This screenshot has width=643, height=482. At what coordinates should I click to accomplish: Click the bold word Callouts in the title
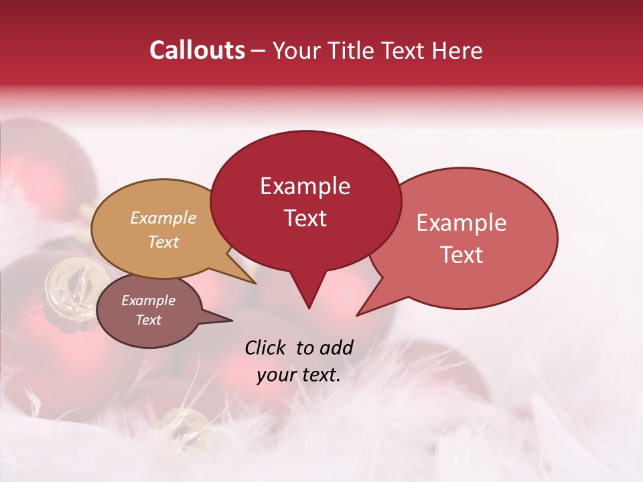197,50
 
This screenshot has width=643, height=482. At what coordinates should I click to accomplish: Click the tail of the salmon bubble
365,309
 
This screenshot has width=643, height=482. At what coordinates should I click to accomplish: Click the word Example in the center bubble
305,186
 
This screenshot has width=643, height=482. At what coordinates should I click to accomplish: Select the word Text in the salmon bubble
462,255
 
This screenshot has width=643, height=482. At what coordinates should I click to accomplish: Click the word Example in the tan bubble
163,218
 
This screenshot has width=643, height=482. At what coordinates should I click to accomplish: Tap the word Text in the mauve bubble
149,320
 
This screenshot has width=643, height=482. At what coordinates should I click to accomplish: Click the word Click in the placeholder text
265,347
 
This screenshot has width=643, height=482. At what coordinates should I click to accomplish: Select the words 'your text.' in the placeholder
299,375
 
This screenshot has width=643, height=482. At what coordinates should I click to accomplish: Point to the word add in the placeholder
336,347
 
